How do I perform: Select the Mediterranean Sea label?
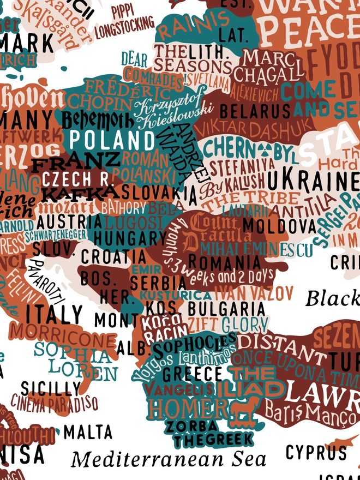tap(169, 459)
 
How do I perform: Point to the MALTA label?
tap(88, 432)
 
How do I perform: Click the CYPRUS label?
tap(316, 452)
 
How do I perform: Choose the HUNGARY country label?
tap(130, 238)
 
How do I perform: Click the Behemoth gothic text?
tap(97, 119)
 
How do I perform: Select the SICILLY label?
tap(51, 388)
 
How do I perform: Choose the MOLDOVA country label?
tap(272, 224)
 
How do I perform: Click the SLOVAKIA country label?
tap(159, 192)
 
